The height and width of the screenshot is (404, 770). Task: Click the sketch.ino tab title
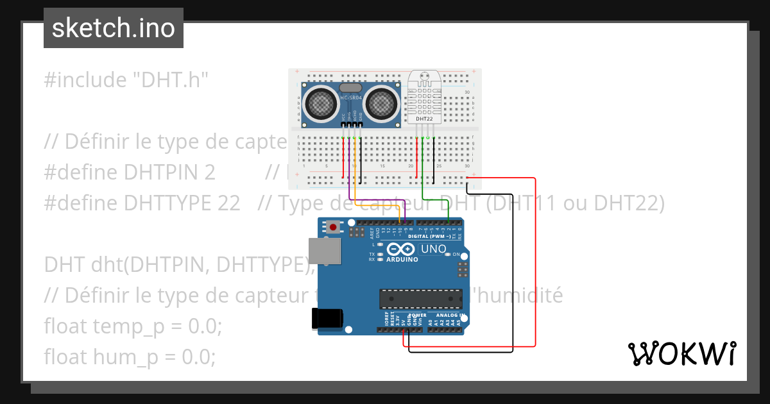tap(113, 28)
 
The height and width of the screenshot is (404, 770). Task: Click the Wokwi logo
tap(681, 353)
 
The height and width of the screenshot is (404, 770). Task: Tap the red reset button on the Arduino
tap(333, 227)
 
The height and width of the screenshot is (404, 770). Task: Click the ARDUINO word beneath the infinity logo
tap(402, 260)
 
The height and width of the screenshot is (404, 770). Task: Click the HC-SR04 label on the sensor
tap(350, 97)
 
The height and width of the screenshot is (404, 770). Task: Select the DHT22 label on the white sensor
tap(424, 119)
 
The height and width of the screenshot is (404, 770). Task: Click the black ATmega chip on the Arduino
tap(420, 299)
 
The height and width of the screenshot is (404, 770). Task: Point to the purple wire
tap(349, 186)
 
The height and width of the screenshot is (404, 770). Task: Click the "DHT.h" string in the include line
tap(171, 80)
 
